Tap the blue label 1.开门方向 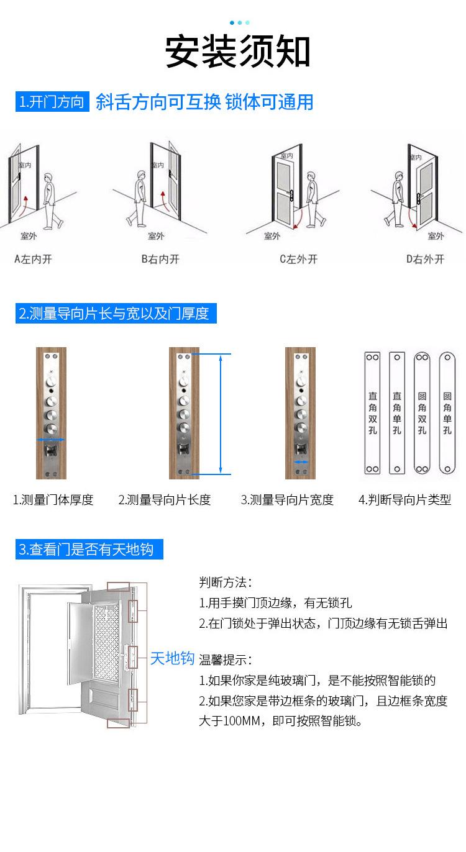tap(52, 102)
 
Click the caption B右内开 tap(160, 259)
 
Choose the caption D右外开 tap(426, 259)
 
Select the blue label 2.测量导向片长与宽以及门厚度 tap(116, 314)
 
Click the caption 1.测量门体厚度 tap(53, 500)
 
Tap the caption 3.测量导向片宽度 tap(287, 500)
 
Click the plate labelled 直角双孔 tap(372, 413)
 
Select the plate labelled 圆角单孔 tap(447, 413)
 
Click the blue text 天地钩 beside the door tap(172, 658)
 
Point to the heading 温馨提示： tap(226, 660)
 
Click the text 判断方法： tap(226, 582)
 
